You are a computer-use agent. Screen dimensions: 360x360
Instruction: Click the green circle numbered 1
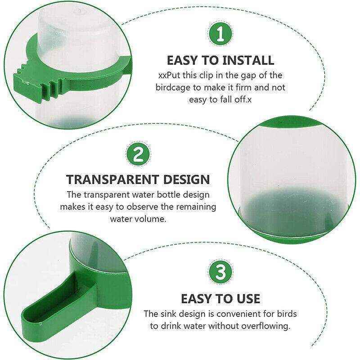tap(220, 34)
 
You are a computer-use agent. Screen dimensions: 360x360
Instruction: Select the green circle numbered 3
tap(220, 272)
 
